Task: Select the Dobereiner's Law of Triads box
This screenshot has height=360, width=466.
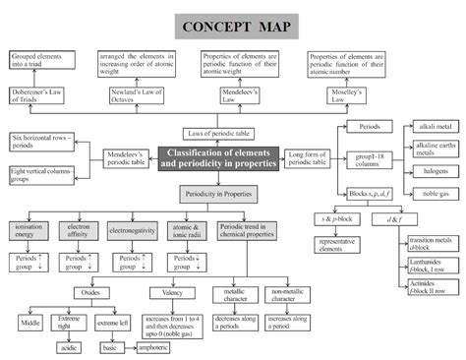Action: point(35,94)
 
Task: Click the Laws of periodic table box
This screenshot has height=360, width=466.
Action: point(221,132)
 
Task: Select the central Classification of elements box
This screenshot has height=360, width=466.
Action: point(218,157)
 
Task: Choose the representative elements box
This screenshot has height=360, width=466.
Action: point(341,245)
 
